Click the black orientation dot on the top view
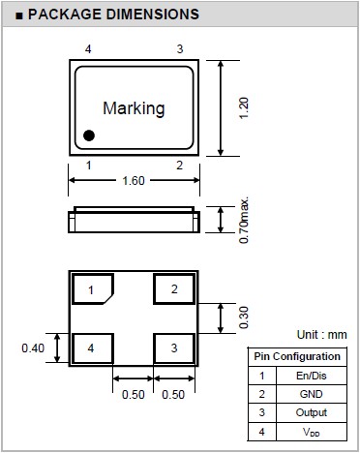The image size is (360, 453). tap(89, 136)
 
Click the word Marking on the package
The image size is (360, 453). tap(134, 108)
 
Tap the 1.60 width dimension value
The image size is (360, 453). tap(134, 181)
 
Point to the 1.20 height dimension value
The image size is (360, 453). tap(244, 108)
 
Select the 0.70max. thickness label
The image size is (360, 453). tap(244, 220)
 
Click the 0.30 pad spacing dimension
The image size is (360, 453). tap(244, 317)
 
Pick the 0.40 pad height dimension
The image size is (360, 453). tap(33, 348)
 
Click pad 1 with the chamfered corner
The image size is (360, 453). tap(93, 288)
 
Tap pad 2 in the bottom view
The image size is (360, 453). tap(174, 288)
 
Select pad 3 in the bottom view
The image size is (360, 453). tap(174, 348)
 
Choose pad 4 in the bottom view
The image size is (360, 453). tap(93, 348)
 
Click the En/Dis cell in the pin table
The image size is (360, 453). tap(312, 376)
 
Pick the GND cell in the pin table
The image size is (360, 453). tap(312, 394)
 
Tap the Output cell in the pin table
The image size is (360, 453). tap(312, 412)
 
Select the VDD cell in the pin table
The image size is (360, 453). tap(312, 432)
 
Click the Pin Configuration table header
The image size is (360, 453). tap(297, 356)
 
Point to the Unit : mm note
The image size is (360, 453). tap(321, 335)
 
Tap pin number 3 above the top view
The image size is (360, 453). tap(180, 49)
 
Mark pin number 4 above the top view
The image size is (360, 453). tap(88, 49)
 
